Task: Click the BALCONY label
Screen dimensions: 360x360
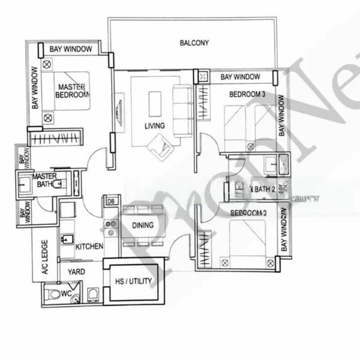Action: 194,43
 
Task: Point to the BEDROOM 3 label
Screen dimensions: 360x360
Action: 247,94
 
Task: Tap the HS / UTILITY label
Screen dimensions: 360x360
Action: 133,281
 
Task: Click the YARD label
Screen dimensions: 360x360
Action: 76,272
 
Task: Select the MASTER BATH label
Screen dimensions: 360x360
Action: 44,180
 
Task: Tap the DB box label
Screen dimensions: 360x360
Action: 110,202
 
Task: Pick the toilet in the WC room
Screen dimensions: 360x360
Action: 56,294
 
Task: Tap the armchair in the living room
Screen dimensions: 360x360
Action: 160,145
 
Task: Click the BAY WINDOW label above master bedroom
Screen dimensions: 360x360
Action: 71,49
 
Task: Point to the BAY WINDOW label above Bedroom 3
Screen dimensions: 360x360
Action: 240,77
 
